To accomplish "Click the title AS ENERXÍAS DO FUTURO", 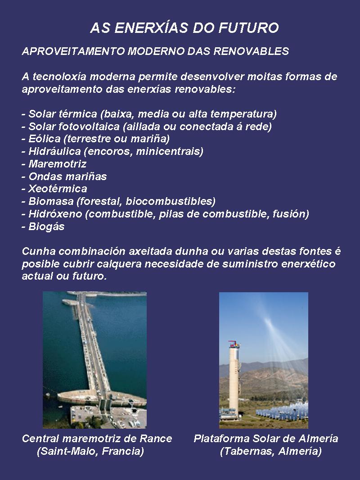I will coord(184,28).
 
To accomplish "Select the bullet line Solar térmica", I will coord(149,113).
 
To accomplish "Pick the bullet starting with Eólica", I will coord(95,139).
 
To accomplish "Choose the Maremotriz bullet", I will coord(54,164).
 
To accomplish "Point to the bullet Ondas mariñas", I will coord(64,177).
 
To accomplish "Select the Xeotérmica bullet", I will coord(54,189).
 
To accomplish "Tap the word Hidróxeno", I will coord(53,214).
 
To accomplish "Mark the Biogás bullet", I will coord(43,226).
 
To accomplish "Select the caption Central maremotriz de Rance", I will coord(97,439).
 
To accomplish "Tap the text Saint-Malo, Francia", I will coord(90,451).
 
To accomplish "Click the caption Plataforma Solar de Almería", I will coord(266,439).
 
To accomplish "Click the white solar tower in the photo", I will coord(233,378).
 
